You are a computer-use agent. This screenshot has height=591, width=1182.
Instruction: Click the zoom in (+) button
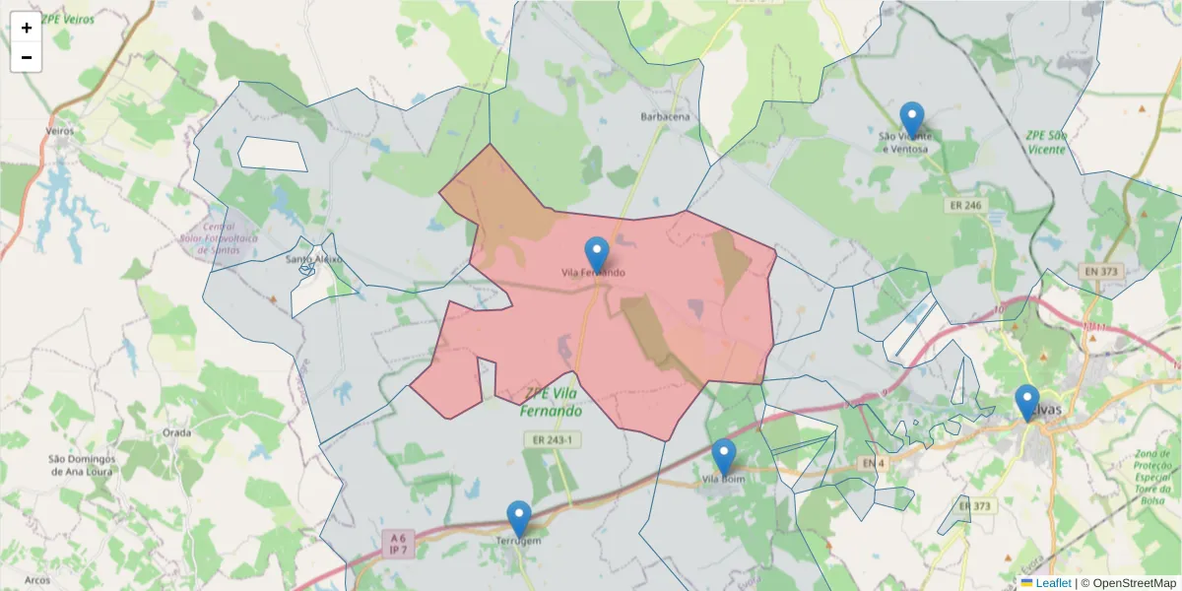point(27,28)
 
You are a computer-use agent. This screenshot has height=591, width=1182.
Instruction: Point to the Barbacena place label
point(666,116)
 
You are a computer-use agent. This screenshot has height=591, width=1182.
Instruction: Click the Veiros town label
point(60,130)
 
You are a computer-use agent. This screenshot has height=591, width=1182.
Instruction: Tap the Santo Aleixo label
point(313,260)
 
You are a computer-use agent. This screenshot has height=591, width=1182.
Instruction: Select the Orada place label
point(177,432)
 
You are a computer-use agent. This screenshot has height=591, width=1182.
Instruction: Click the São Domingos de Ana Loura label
point(83,465)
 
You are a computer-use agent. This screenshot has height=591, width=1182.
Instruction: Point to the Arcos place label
point(37,580)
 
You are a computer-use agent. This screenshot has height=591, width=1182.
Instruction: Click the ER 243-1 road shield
point(552,439)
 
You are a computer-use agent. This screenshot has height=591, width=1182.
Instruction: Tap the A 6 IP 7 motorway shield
point(398,544)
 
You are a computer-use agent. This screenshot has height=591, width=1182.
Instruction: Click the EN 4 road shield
point(869,463)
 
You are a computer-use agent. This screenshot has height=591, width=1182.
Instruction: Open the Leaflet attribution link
point(1053,583)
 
